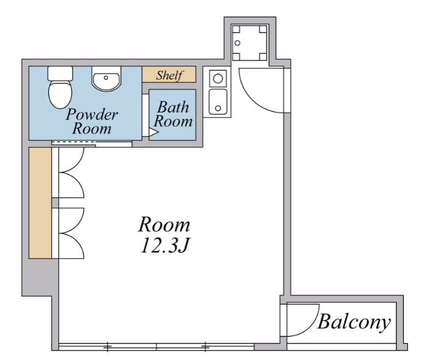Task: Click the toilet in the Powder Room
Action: click(x=60, y=87)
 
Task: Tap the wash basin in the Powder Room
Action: click(x=106, y=78)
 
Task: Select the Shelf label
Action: click(x=169, y=75)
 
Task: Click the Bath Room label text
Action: click(x=173, y=114)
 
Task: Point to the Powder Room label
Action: click(x=92, y=121)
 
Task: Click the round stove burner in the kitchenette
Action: click(x=217, y=79)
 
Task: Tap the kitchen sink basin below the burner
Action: click(x=218, y=101)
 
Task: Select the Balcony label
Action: click(x=354, y=322)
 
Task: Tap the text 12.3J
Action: click(x=165, y=245)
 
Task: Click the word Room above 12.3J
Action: click(x=164, y=225)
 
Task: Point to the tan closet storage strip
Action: click(x=40, y=203)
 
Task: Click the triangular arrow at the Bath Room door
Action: click(x=153, y=133)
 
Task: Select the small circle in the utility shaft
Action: click(x=238, y=43)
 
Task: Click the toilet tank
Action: click(x=60, y=73)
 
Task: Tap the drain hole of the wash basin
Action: click(x=106, y=78)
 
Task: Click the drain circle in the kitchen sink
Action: click(x=218, y=108)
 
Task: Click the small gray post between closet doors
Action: click(x=55, y=203)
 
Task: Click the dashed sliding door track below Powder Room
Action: click(x=74, y=142)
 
